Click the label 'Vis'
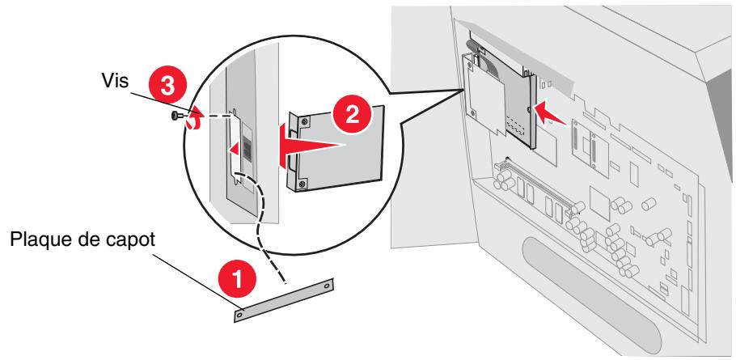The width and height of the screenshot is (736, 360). click(x=115, y=80)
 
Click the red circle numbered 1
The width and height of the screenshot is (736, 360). click(x=238, y=280)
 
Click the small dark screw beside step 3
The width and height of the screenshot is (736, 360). click(x=176, y=116)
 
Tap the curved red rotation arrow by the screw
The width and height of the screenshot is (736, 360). click(x=193, y=117)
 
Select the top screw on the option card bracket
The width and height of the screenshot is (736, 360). click(x=306, y=121)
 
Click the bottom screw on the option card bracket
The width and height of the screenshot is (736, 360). click(x=303, y=182)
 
